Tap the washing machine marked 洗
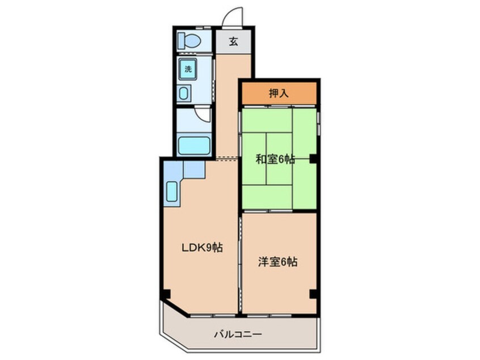tap(188, 69)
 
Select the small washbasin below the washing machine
tap(186, 93)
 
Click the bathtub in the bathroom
tap(194, 145)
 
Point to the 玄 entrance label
tap(233, 41)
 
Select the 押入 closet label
tap(279, 93)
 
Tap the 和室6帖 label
tap(275, 160)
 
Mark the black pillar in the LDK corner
tap(165, 294)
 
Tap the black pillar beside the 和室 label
tap(313, 158)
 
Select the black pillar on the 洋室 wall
tap(313, 294)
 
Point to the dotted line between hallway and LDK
tap(227, 159)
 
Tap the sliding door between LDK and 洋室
tap(241, 261)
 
